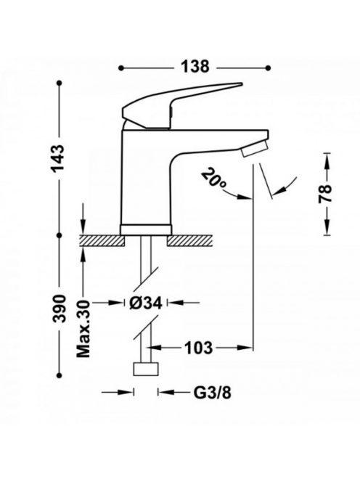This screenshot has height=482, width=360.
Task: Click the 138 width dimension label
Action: click(195, 66)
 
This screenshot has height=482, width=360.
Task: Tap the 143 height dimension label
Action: click(58, 158)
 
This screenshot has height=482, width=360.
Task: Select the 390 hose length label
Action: click(59, 309)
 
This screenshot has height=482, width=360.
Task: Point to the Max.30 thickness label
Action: click(83, 329)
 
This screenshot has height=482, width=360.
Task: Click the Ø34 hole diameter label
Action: click(145, 303)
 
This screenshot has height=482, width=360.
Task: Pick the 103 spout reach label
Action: click(198, 348)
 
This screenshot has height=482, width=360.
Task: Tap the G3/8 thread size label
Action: click(212, 393)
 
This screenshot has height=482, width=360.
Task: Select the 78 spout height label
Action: click(326, 193)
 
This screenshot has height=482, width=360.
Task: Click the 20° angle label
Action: click(214, 179)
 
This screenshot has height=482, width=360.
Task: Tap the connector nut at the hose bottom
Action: click(146, 369)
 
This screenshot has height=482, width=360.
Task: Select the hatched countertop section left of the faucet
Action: click(102, 240)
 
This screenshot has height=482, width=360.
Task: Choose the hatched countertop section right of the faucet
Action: click(190, 240)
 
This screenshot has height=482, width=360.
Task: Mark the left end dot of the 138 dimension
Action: click(121, 68)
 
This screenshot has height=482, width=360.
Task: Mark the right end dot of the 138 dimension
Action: click(268, 68)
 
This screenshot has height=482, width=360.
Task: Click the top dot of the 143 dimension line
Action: click(60, 83)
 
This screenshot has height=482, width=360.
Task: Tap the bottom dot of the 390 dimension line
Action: click(60, 375)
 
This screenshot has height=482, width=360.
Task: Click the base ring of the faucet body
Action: click(146, 229)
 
